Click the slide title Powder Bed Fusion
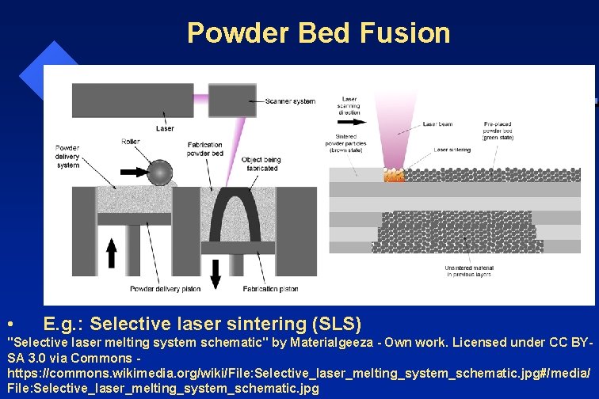pos(319,32)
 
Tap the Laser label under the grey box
pos(166,127)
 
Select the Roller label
pos(131,142)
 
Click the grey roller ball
pos(161,171)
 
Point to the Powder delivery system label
pos(68,156)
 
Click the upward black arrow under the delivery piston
pos(112,253)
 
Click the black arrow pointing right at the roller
pos(133,170)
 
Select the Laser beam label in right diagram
pos(437,124)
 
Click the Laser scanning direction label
pos(349,108)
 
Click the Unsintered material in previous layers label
pos(468,272)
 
